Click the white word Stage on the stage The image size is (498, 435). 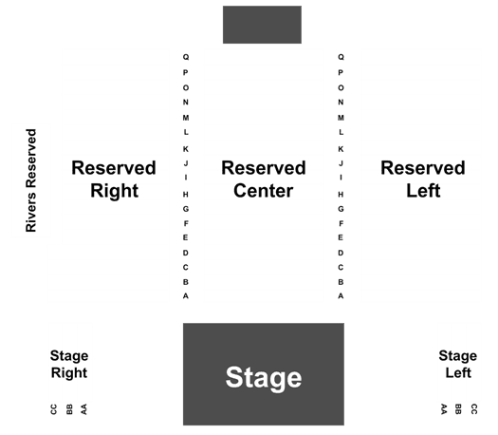coord(264,378)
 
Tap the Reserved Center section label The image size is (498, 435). coord(264,179)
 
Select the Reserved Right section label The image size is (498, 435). coord(114,179)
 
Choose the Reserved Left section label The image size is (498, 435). coord(423,179)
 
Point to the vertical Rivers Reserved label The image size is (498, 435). coord(31,180)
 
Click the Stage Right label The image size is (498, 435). coord(69,365)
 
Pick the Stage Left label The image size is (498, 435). coord(457,364)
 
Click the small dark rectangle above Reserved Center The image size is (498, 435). coord(262,25)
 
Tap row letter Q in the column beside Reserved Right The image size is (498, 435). coord(186,57)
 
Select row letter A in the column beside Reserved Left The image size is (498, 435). coord(341,296)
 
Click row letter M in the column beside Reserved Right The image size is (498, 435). coord(186,118)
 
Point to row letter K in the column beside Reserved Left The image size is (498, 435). coord(341,149)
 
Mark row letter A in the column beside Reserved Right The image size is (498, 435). coord(186,296)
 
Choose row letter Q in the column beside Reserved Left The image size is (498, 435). coord(341,57)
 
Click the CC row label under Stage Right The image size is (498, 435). coord(54,409)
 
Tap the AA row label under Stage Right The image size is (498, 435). coord(83,409)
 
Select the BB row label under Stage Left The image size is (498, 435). coord(458,409)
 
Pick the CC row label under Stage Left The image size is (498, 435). coord(473,409)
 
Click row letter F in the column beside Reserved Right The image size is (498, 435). coord(186,224)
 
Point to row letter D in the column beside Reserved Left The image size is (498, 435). coord(341,253)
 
